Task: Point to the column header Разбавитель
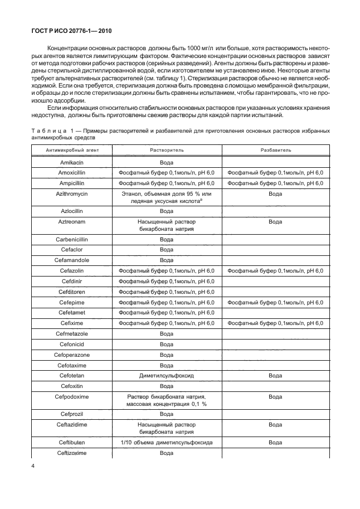click(x=275, y=151)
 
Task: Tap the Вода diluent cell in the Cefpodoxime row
click(x=275, y=397)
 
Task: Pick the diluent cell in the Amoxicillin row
click(x=275, y=173)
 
